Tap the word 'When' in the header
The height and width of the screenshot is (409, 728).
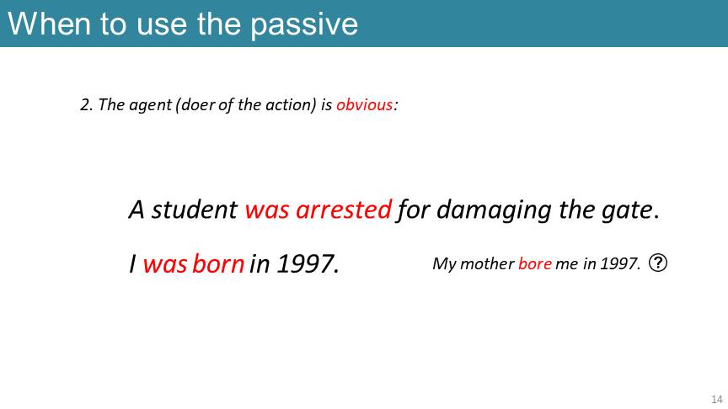49,24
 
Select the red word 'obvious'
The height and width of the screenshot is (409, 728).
365,105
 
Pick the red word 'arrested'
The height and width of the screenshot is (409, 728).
344,210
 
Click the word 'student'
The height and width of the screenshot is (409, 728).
195,210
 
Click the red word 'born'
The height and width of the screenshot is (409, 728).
218,264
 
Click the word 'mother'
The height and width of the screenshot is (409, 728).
487,264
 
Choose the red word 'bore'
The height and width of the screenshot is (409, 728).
535,264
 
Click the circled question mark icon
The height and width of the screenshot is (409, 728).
658,263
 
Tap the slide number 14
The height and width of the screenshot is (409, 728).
717,399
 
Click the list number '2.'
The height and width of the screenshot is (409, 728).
86,105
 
